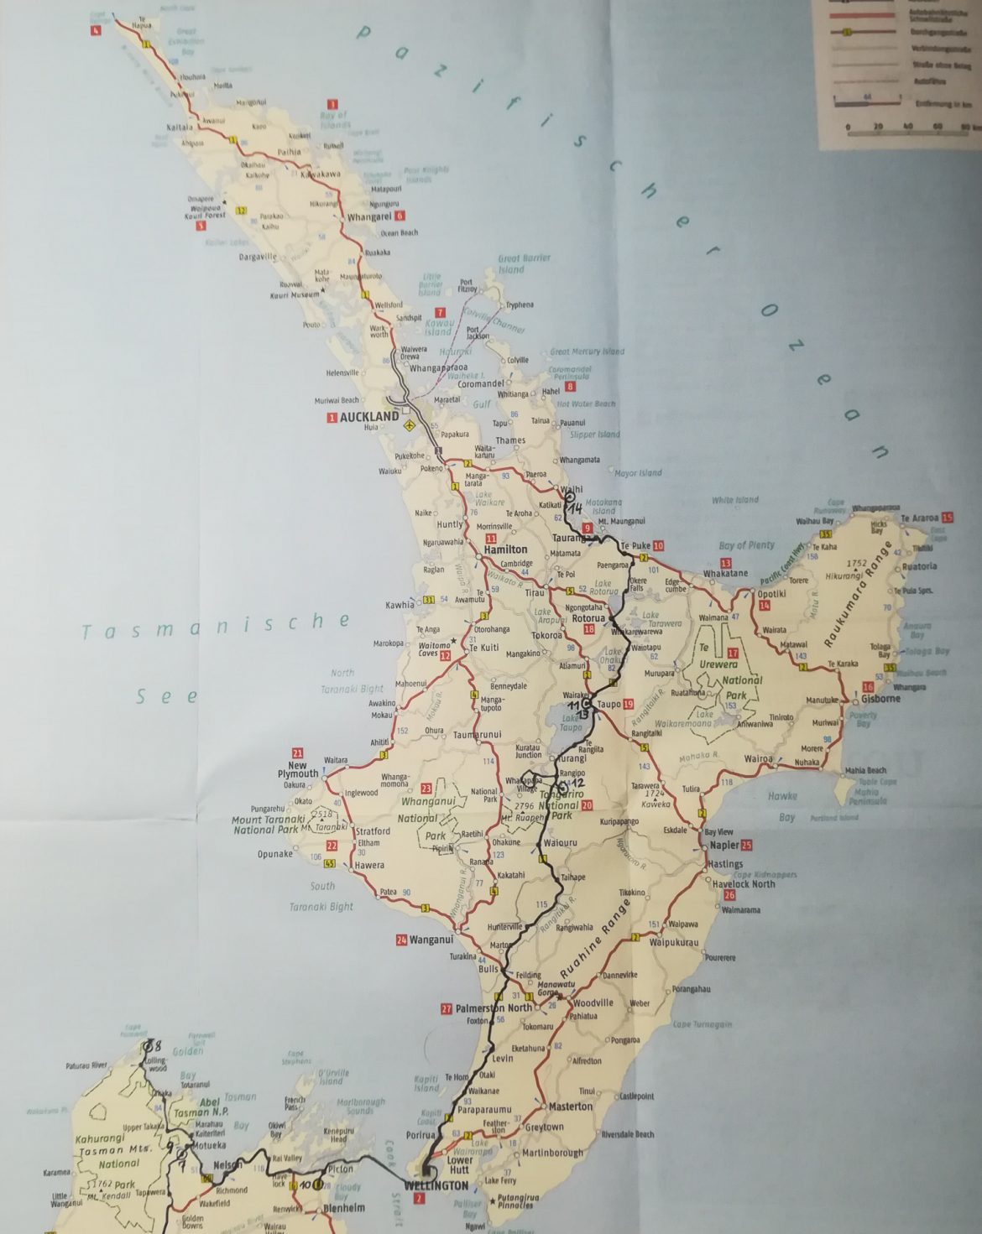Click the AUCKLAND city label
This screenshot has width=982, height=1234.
point(369,416)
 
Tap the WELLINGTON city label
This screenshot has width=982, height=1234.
point(436,1185)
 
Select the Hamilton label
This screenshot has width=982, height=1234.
point(506,549)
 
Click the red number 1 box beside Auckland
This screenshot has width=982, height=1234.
point(332,417)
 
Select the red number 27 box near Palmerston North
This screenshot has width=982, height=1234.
point(446,1008)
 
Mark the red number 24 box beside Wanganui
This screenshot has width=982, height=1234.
point(401,940)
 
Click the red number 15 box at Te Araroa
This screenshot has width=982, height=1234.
point(948,518)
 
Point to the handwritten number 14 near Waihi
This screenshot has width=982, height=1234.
point(575,508)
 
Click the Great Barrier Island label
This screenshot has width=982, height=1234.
point(523,263)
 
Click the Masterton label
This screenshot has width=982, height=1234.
point(571,1106)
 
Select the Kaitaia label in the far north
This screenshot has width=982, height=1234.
point(180,128)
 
